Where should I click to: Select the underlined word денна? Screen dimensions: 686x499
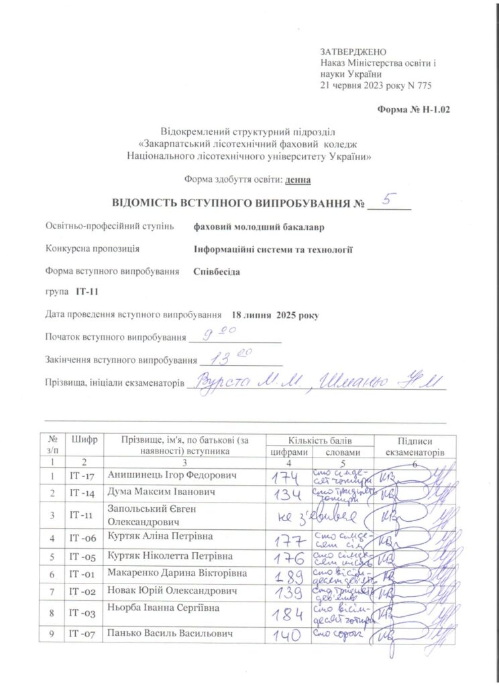coord(298,180)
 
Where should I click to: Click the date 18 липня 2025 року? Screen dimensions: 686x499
coord(275,315)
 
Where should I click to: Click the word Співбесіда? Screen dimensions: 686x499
coord(216,272)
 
